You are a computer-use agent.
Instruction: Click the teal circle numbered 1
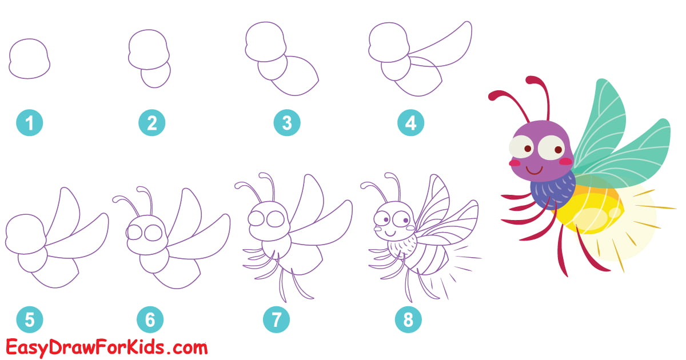coord(30,123)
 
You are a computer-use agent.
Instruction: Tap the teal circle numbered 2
coord(152,123)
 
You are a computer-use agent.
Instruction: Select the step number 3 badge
coord(287,123)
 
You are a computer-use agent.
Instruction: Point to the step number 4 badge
coord(411,123)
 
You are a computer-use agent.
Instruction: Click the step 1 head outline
coord(29,59)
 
